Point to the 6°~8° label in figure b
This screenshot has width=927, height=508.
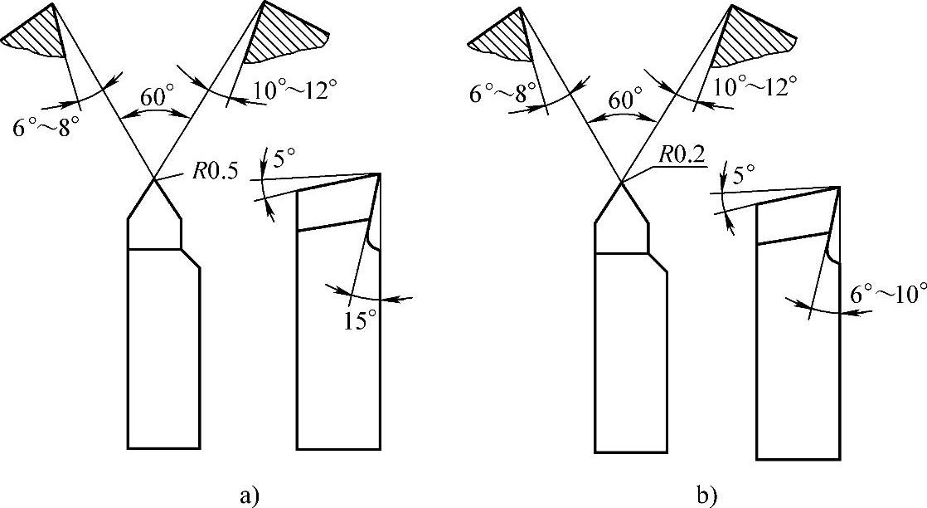(501, 91)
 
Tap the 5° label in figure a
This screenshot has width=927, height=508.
(284, 157)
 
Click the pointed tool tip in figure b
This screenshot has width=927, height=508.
(622, 183)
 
